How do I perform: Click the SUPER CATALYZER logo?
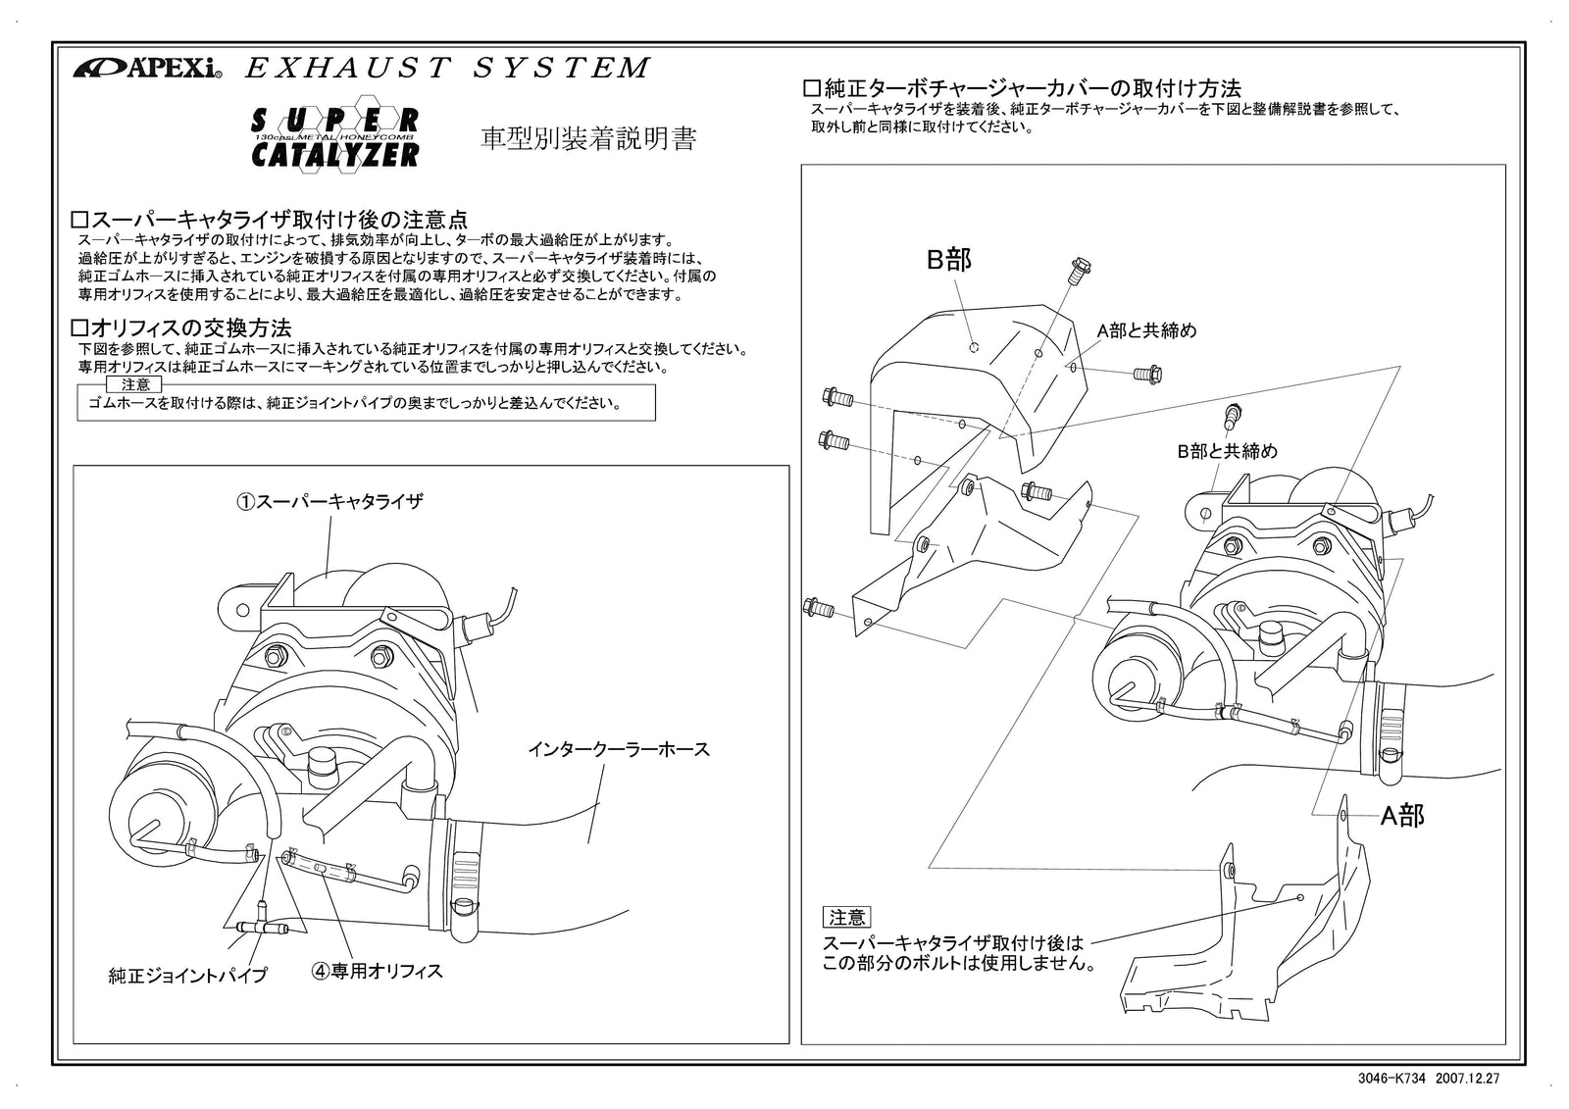pos(336,137)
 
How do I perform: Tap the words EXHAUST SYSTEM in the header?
pos(446,68)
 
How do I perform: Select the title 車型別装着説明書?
pos(588,139)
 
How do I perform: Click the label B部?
pos(948,260)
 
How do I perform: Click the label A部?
pos(1402,815)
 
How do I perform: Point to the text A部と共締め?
pos(1146,331)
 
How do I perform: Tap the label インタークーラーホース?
pos(619,750)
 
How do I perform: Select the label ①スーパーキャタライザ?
pos(329,501)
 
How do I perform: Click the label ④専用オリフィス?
pos(378,972)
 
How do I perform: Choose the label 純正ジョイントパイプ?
pos(187,976)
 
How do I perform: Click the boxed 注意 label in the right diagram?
pos(846,918)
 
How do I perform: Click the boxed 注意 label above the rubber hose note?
pos(135,384)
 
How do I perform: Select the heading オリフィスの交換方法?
pos(183,328)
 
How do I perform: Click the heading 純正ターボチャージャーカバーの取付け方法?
pos(1022,88)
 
